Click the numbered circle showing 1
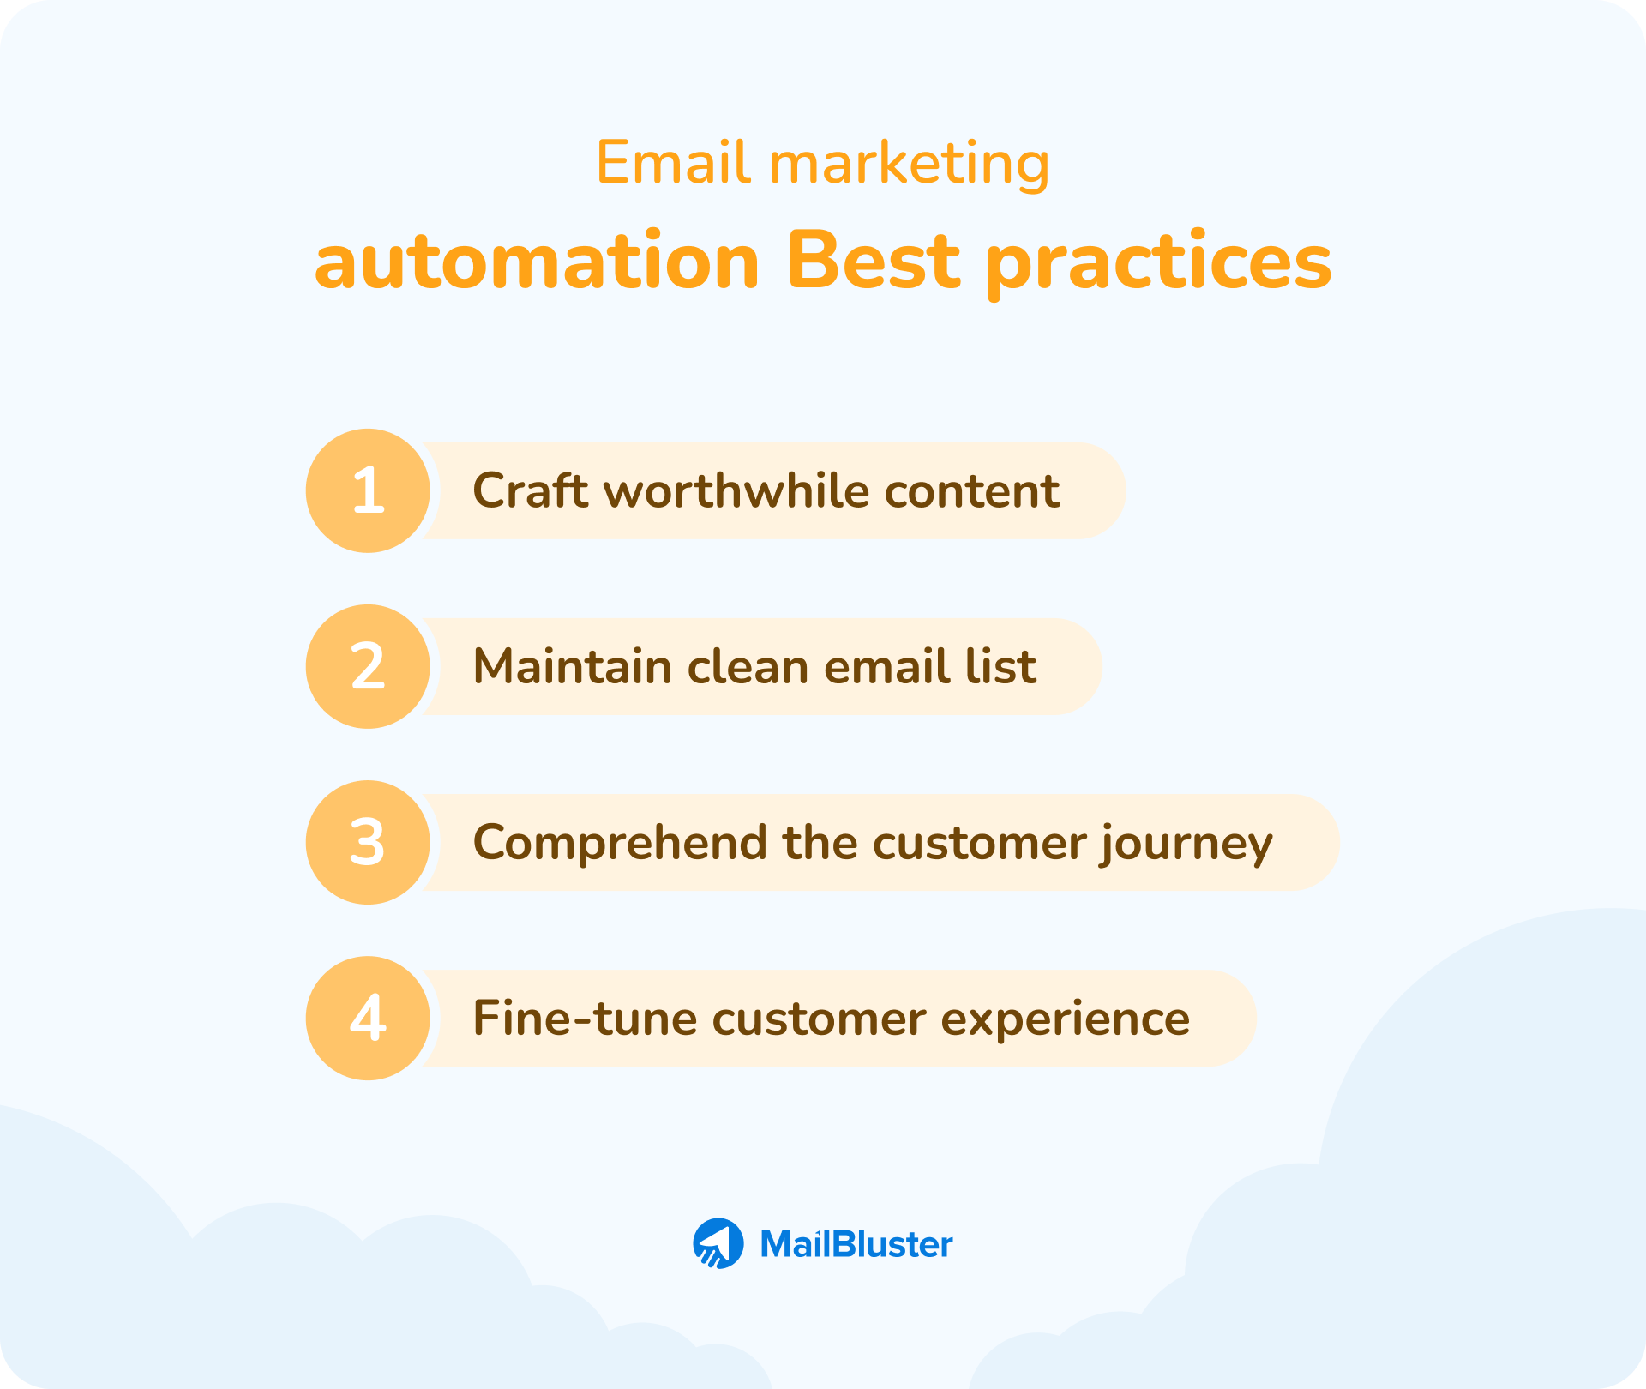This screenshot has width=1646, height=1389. pos(368,490)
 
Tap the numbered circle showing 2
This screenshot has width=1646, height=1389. pos(368,666)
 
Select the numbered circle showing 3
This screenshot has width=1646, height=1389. pos(368,842)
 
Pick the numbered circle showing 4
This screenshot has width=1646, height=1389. pos(368,1018)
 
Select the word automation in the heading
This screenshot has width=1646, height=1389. pos(537,262)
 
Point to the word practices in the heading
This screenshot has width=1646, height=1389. pos(1158,263)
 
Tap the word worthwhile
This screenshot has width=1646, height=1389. pos(736,490)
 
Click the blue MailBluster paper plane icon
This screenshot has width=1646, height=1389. pos(718,1243)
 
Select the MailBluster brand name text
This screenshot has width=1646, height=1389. pos(856,1244)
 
